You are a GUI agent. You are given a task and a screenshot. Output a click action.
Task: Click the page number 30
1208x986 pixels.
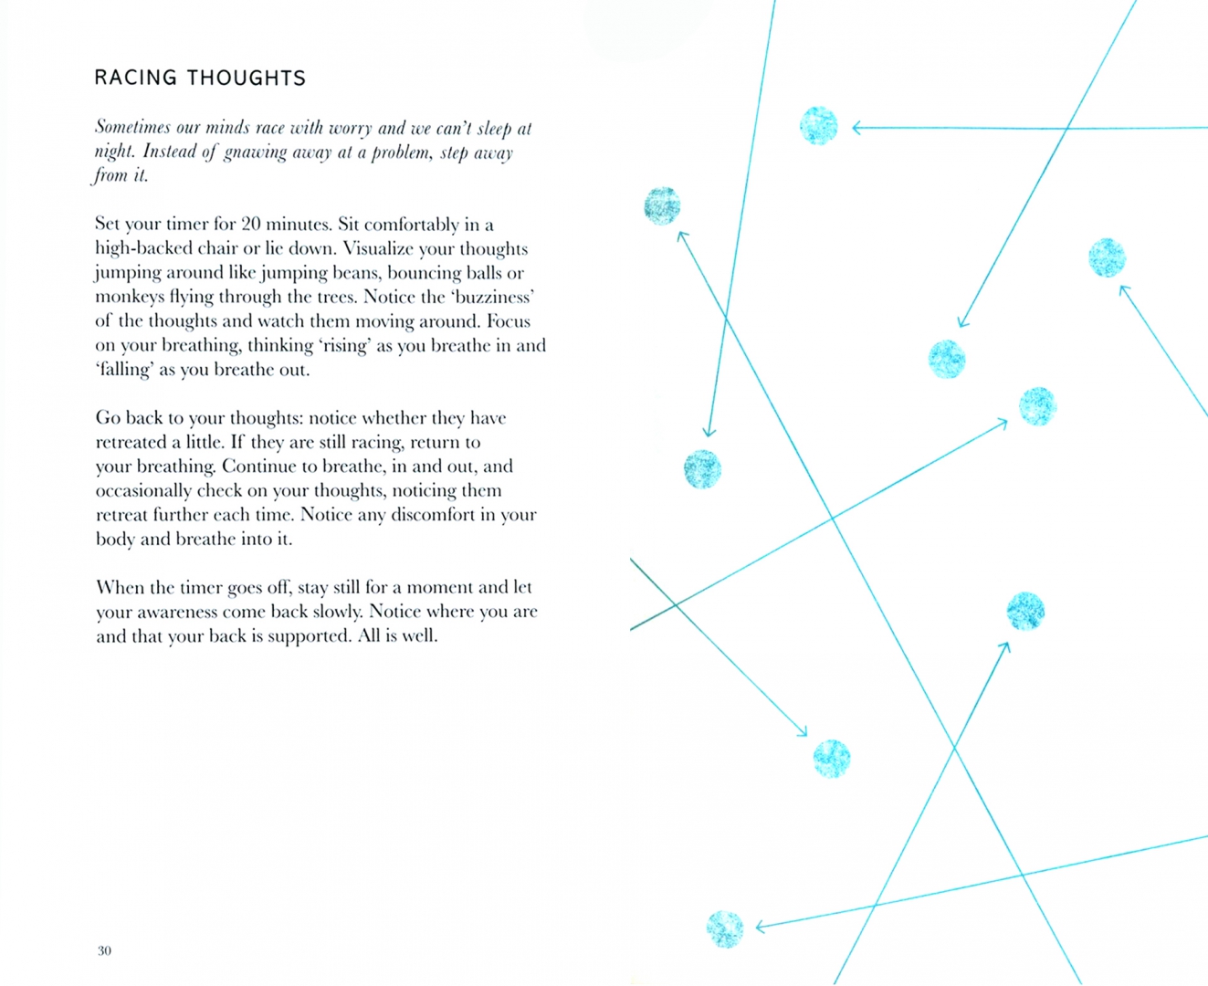(x=104, y=950)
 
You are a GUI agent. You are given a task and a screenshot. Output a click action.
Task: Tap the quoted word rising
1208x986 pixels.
(x=343, y=345)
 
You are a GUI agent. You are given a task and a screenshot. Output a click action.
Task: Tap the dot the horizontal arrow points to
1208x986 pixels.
(x=818, y=126)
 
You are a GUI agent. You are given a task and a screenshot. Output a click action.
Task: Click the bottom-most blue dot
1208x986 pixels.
(x=725, y=929)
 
